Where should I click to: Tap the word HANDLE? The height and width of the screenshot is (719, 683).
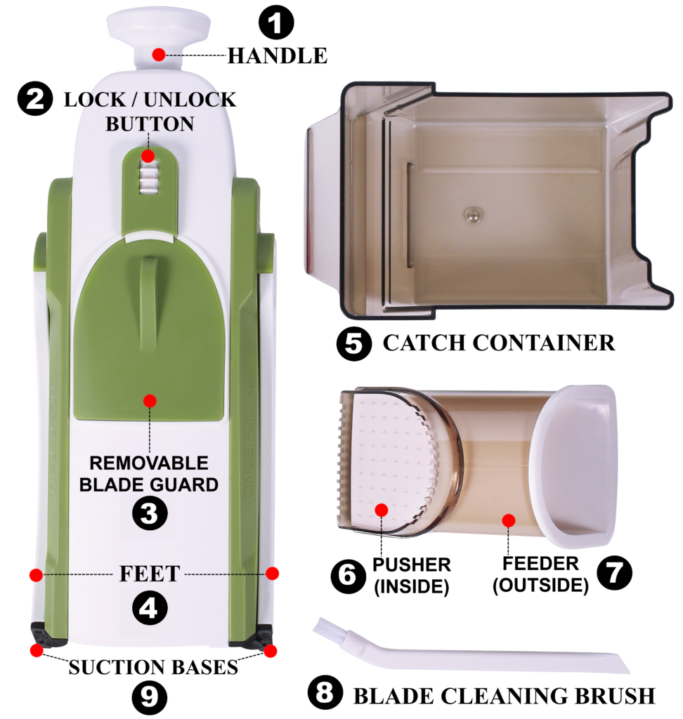278,55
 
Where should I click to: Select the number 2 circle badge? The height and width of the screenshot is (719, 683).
35,98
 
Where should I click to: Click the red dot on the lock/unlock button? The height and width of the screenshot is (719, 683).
148,157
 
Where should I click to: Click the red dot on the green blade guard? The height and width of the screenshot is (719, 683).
150,401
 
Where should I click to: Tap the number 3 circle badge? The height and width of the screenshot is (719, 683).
150,513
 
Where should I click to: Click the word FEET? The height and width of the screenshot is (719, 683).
150,574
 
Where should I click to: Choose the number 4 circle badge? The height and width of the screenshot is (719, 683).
150,608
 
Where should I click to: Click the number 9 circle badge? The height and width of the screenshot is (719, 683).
150,697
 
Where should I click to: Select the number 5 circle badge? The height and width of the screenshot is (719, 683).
354,343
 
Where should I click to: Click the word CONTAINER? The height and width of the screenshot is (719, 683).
543,343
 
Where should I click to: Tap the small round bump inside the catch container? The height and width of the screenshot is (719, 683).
472,215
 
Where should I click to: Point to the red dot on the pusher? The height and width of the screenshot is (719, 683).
382,510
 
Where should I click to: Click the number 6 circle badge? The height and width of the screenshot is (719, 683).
349,576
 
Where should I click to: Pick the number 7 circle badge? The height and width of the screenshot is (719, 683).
615,572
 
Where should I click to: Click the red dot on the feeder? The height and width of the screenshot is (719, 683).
509,520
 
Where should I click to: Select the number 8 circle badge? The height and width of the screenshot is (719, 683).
325,692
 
